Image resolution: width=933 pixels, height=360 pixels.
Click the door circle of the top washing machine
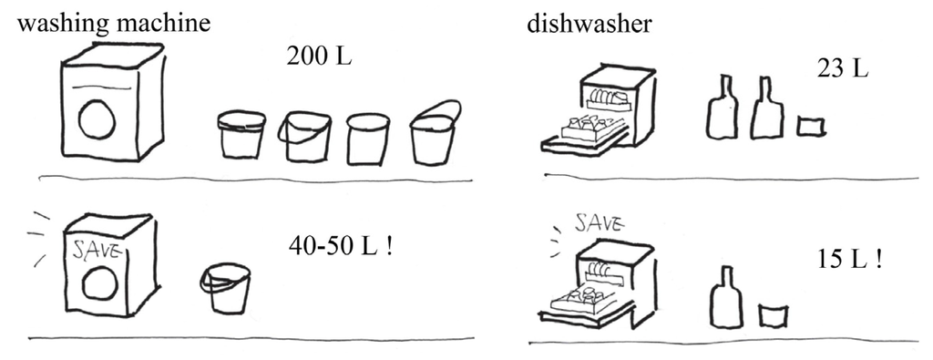click(97, 119)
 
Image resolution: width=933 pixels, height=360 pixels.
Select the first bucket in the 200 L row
click(241, 134)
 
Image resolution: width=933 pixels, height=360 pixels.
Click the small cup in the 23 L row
click(810, 126)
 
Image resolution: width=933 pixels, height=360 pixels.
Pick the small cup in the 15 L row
click(773, 314)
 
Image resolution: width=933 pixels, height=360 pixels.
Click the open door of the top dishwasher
click(583, 139)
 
